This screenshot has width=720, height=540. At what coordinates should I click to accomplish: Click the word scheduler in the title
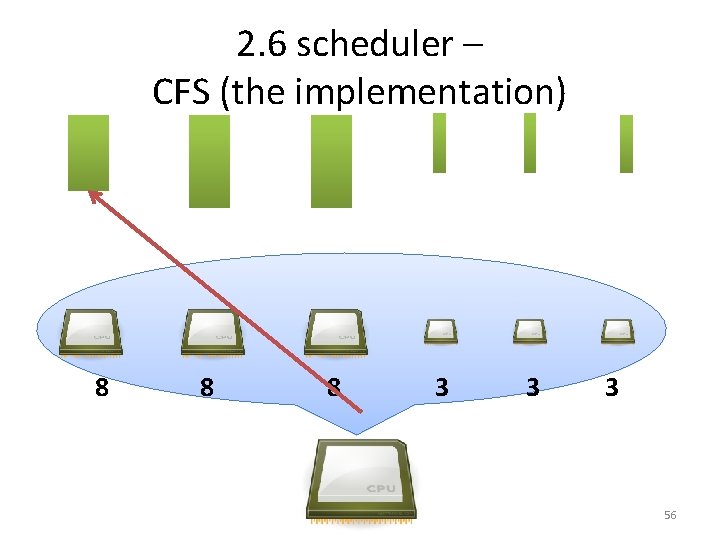375,45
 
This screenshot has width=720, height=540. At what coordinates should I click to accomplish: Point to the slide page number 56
670,515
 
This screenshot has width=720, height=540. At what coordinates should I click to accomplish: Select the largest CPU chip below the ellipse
360,480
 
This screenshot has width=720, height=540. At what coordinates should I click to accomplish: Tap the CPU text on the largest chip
381,488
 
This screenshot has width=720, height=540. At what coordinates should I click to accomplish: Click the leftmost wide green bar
88,152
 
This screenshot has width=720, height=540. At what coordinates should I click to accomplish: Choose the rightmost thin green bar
626,144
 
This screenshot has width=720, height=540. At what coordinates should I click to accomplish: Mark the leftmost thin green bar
439,143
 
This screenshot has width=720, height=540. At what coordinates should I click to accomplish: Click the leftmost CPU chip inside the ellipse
91,332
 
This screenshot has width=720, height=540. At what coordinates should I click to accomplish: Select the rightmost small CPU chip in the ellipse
617,329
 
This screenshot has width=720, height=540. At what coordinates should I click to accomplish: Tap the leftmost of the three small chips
441,329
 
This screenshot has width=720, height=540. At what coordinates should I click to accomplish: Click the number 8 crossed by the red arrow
333,387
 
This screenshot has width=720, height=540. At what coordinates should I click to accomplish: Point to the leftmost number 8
101,387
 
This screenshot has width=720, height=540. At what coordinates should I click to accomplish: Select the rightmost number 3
611,387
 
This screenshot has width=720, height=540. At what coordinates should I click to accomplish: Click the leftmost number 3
441,387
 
